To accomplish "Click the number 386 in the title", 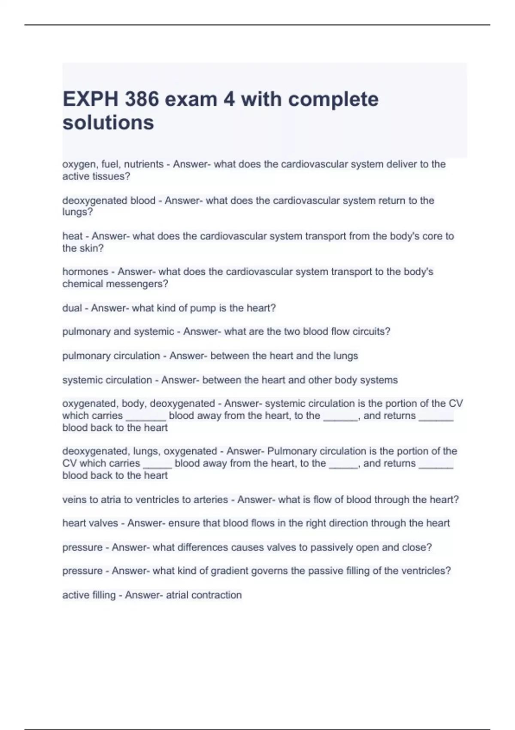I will click(141, 99).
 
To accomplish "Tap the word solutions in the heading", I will click(108, 123).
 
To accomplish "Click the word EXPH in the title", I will click(91, 99).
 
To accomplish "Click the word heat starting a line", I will click(72, 236).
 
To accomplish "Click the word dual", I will click(72, 308).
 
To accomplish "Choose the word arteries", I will click(211, 499).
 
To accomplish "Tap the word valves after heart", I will click(106, 523).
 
